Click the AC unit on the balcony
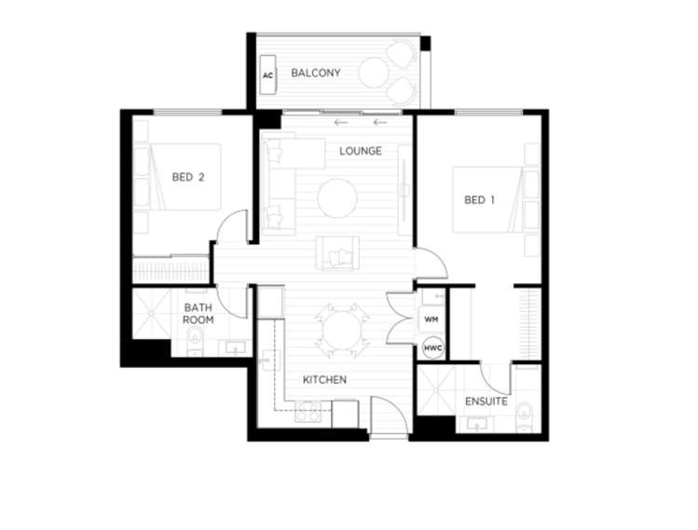(267, 74)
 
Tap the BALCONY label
(315, 73)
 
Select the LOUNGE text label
(361, 151)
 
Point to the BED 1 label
(479, 199)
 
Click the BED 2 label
(188, 175)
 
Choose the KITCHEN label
(324, 380)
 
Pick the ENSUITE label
(486, 401)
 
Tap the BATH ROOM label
(198, 313)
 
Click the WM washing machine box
(431, 319)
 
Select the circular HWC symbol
(432, 348)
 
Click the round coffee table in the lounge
(336, 197)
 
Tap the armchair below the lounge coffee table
(336, 251)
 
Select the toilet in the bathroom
(195, 344)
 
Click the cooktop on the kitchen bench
(308, 414)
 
